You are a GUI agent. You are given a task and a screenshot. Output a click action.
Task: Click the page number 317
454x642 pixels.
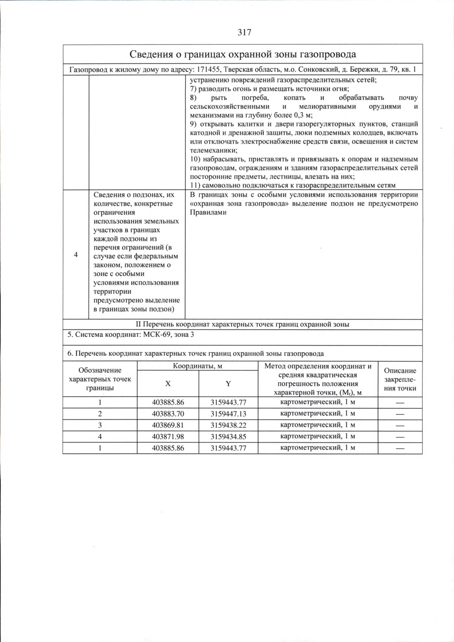[244, 33]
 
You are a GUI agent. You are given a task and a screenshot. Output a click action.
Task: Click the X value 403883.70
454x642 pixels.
[168, 414]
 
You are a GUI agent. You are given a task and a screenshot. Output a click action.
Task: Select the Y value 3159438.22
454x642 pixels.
[228, 425]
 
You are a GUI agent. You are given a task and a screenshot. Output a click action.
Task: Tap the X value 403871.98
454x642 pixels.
[168, 436]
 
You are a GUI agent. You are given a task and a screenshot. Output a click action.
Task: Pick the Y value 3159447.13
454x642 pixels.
[228, 414]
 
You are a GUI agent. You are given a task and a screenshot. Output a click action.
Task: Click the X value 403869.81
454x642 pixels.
[168, 425]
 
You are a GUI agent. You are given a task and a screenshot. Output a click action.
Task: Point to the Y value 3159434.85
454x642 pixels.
[228, 436]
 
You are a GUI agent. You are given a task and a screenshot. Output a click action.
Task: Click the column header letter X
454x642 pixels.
[168, 383]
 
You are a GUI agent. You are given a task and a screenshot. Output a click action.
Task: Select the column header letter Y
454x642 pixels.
[228, 383]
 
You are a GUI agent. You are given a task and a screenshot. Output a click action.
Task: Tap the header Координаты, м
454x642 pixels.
[197, 366]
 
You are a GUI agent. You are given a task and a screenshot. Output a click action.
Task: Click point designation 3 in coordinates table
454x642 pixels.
[100, 425]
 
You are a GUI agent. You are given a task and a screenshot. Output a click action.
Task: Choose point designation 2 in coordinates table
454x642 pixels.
[100, 414]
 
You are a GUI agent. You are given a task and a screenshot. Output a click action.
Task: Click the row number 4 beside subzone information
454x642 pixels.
[76, 254]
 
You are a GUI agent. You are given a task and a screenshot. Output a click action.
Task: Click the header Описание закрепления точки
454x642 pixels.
[400, 379]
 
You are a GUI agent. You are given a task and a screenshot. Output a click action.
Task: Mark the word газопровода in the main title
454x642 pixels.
[328, 54]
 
